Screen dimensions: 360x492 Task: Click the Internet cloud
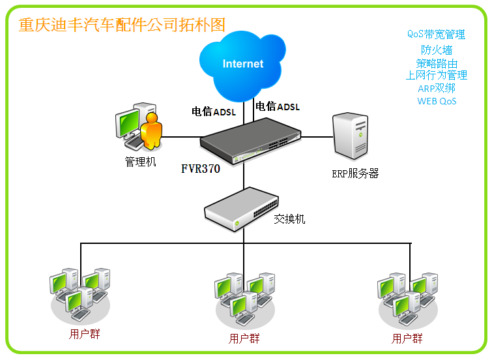pyautogui.click(x=242, y=63)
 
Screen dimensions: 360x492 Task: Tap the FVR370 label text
pyautogui.click(x=201, y=168)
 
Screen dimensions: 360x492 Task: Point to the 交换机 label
pyautogui.click(x=289, y=219)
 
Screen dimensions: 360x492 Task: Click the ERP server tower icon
pyautogui.click(x=349, y=136)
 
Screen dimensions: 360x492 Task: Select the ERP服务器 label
pyautogui.click(x=355, y=173)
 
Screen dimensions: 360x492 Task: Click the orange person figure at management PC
pyautogui.click(x=151, y=131)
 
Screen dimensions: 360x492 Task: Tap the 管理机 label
pyautogui.click(x=141, y=161)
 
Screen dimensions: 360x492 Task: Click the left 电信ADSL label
pyautogui.click(x=213, y=112)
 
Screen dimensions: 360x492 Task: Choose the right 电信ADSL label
pyautogui.click(x=278, y=106)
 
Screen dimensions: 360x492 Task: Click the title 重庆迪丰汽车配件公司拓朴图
pyautogui.click(x=122, y=25)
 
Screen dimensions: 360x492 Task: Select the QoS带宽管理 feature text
pyautogui.click(x=436, y=34)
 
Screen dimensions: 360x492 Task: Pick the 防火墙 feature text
pyautogui.click(x=437, y=50)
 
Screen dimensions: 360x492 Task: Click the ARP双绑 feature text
pyautogui.click(x=437, y=88)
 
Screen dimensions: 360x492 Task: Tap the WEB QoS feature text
pyautogui.click(x=437, y=101)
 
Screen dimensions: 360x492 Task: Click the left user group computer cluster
pyautogui.click(x=80, y=293)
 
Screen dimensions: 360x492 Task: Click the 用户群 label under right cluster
pyautogui.click(x=407, y=339)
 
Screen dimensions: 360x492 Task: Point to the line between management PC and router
pyautogui.click(x=181, y=137)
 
